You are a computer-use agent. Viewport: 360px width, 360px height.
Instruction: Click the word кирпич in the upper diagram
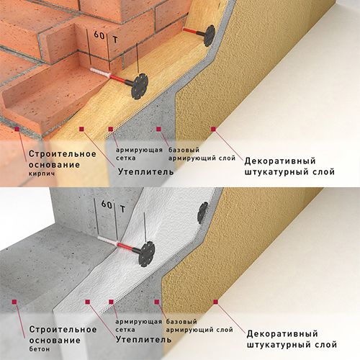pyautogui.click(x=42, y=174)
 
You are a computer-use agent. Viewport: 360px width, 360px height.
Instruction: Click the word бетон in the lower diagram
pyautogui.click(x=40, y=348)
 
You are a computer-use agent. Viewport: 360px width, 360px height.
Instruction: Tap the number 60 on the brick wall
pyautogui.click(x=99, y=35)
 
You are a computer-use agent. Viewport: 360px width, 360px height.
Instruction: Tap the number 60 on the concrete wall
pyautogui.click(x=107, y=204)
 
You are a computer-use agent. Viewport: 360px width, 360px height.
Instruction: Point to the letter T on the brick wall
pyautogui.click(x=115, y=40)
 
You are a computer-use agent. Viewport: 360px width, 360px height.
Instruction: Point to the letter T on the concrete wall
pyautogui.click(x=122, y=209)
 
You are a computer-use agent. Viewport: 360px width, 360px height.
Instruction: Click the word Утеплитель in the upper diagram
pyautogui.click(x=145, y=172)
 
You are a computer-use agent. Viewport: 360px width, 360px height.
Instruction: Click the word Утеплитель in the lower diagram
pyautogui.click(x=143, y=339)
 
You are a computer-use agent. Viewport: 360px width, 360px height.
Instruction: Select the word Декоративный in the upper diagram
pyautogui.click(x=280, y=161)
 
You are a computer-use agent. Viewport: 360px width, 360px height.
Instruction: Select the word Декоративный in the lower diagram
pyautogui.click(x=282, y=334)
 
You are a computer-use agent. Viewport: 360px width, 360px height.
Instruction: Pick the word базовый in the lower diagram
pyautogui.click(x=181, y=321)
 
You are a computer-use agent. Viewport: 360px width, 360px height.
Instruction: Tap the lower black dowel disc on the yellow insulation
pyautogui.click(x=140, y=86)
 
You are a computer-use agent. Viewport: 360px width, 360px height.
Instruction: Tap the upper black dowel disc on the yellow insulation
pyautogui.click(x=210, y=35)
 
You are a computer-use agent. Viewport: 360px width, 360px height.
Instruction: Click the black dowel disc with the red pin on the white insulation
pyautogui.click(x=146, y=254)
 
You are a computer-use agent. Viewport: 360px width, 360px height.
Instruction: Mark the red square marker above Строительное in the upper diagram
pyautogui.click(x=17, y=129)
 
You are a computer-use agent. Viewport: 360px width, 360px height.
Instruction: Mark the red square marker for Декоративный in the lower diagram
pyautogui.click(x=215, y=302)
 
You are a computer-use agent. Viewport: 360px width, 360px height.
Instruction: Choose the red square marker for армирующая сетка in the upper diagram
pyautogui.click(x=110, y=129)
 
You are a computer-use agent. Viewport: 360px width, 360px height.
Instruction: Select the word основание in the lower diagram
pyautogui.click(x=55, y=341)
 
